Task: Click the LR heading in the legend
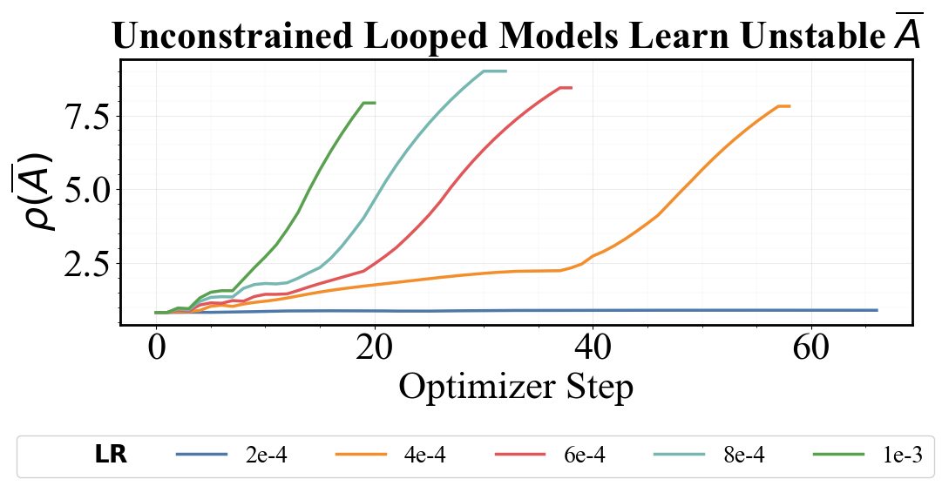[111, 455]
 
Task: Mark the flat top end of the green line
[369, 103]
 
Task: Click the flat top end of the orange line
[784, 106]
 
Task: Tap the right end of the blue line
[876, 310]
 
